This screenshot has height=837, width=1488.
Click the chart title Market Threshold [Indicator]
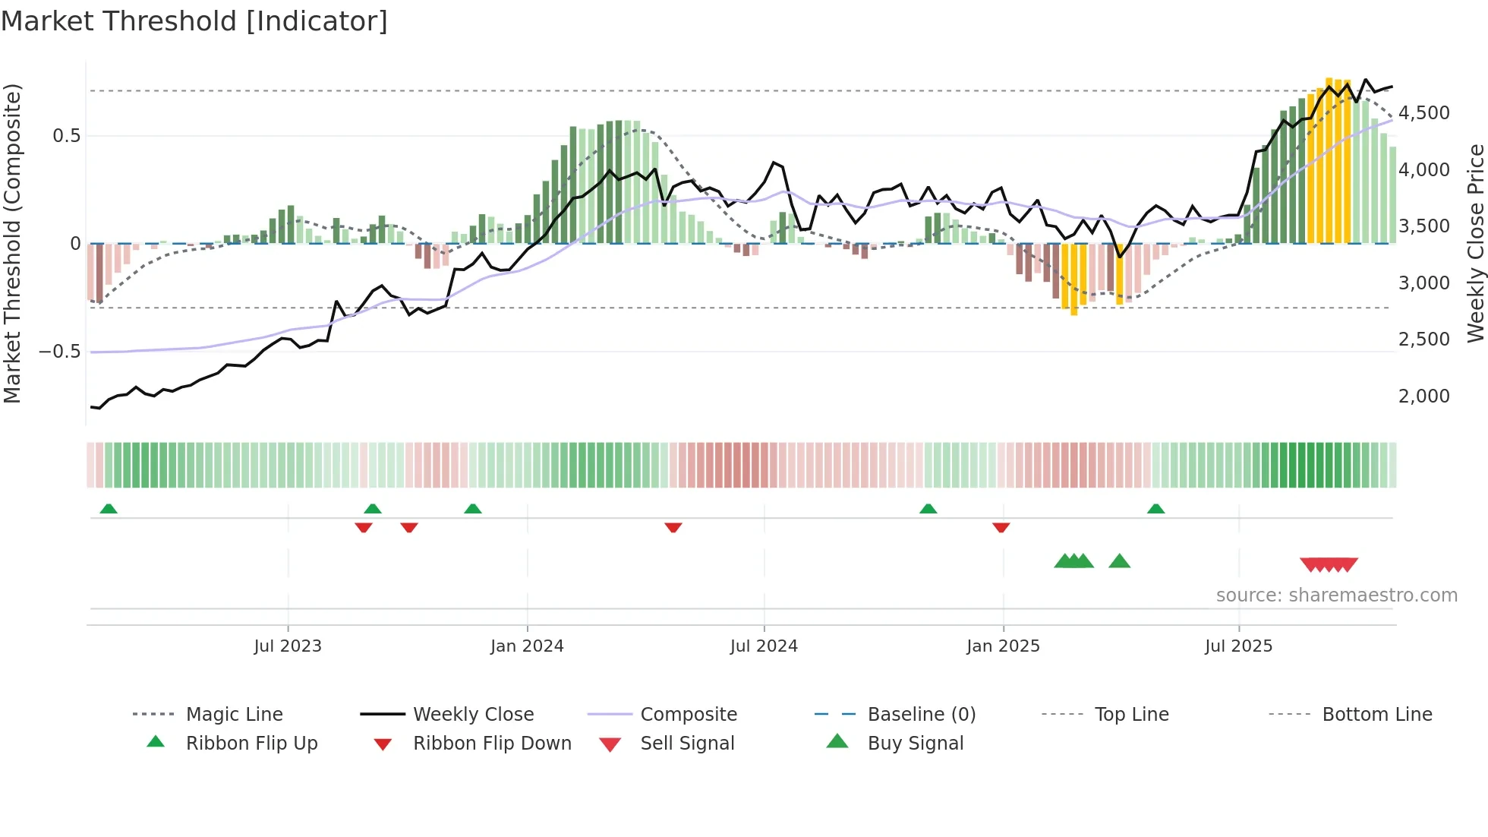(x=194, y=21)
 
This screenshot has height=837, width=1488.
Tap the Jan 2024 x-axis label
(x=527, y=646)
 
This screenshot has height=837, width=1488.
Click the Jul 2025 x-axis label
(x=1238, y=646)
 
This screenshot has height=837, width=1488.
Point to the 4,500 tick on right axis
(x=1423, y=113)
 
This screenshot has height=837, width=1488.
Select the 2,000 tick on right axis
(x=1423, y=396)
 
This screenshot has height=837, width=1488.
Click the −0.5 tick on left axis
(x=59, y=352)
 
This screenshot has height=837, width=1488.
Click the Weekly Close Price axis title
(x=1475, y=243)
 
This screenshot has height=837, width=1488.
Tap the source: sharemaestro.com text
(x=1336, y=595)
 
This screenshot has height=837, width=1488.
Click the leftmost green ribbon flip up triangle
(x=109, y=509)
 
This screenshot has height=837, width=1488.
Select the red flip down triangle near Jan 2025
(x=1001, y=527)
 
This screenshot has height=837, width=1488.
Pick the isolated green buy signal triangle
(x=1119, y=562)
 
